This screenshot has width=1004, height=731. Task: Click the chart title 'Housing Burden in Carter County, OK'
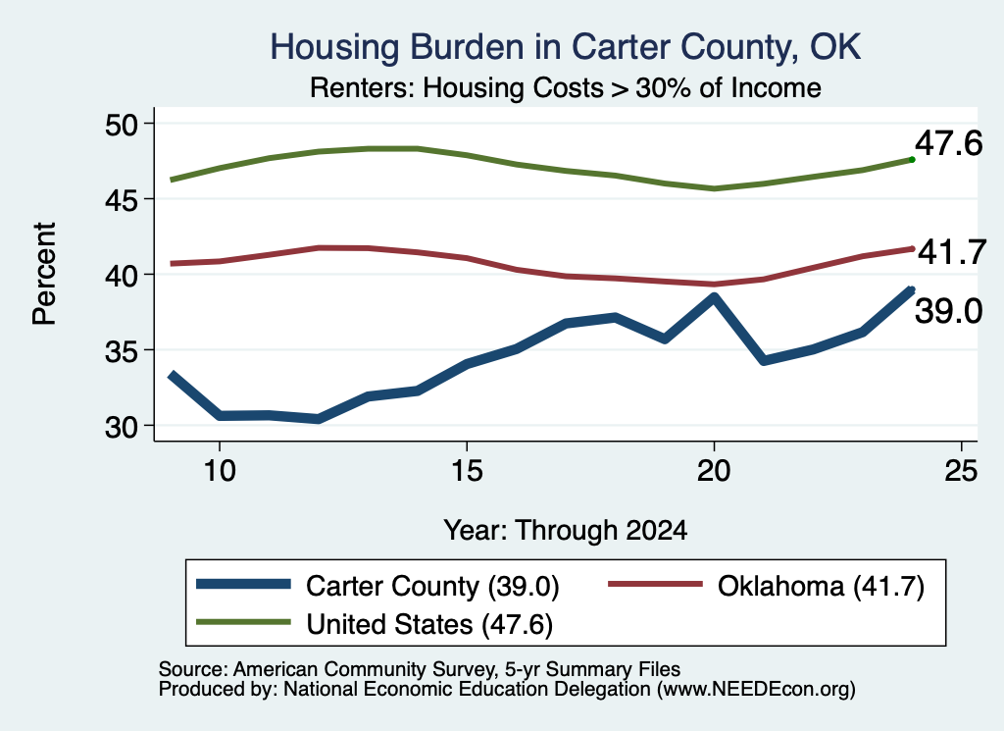pyautogui.click(x=566, y=47)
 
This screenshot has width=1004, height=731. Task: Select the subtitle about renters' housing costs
pyautogui.click(x=566, y=87)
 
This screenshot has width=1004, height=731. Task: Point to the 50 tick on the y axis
pyautogui.click(x=122, y=125)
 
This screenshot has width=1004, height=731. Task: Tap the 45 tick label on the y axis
pyautogui.click(x=122, y=200)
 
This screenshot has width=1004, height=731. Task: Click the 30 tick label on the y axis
pyautogui.click(x=122, y=427)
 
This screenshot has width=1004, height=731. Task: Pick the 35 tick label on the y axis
pyautogui.click(x=122, y=351)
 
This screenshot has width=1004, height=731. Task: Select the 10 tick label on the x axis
pyautogui.click(x=220, y=471)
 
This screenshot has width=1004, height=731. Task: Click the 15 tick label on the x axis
pyautogui.click(x=467, y=471)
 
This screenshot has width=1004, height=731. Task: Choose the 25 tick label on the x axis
pyautogui.click(x=961, y=471)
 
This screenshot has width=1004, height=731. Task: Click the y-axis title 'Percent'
pyautogui.click(x=44, y=274)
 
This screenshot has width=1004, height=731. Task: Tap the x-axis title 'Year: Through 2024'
pyautogui.click(x=566, y=531)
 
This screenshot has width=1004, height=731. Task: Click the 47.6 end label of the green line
pyautogui.click(x=948, y=143)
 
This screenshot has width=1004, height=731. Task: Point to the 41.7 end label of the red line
pyautogui.click(x=952, y=252)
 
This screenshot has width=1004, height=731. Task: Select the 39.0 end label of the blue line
pyautogui.click(x=948, y=311)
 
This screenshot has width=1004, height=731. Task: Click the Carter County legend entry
pyautogui.click(x=377, y=586)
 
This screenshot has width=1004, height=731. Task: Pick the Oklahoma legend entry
pyautogui.click(x=766, y=586)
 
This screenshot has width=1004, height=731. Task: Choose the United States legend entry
pyautogui.click(x=375, y=624)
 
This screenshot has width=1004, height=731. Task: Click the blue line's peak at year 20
pyautogui.click(x=714, y=296)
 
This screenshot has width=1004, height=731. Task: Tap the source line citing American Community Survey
pyautogui.click(x=420, y=669)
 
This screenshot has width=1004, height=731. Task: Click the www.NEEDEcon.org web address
pyautogui.click(x=756, y=690)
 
